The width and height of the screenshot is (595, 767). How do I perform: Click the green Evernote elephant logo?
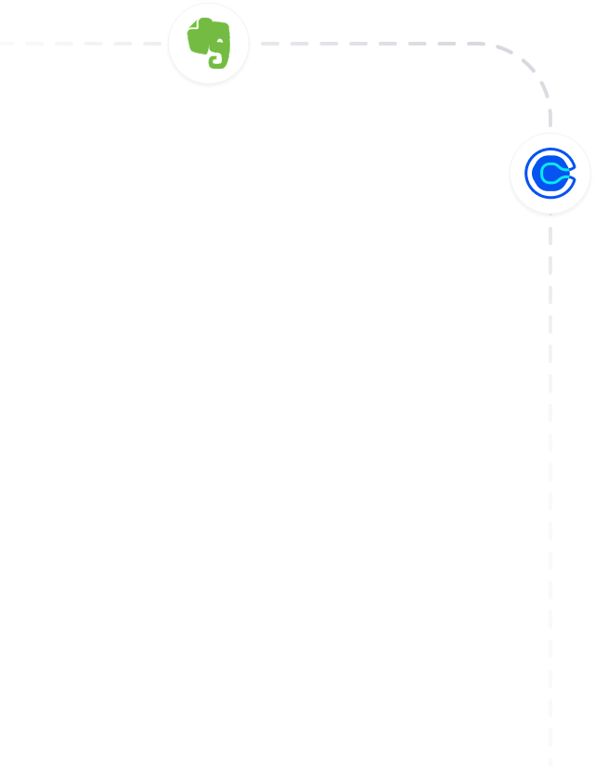tap(208, 43)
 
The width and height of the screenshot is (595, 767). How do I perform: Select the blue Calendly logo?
tap(550, 174)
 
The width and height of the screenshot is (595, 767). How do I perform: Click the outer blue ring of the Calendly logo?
tap(530, 174)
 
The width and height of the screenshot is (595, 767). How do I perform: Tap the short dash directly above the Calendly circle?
tap(550, 119)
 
